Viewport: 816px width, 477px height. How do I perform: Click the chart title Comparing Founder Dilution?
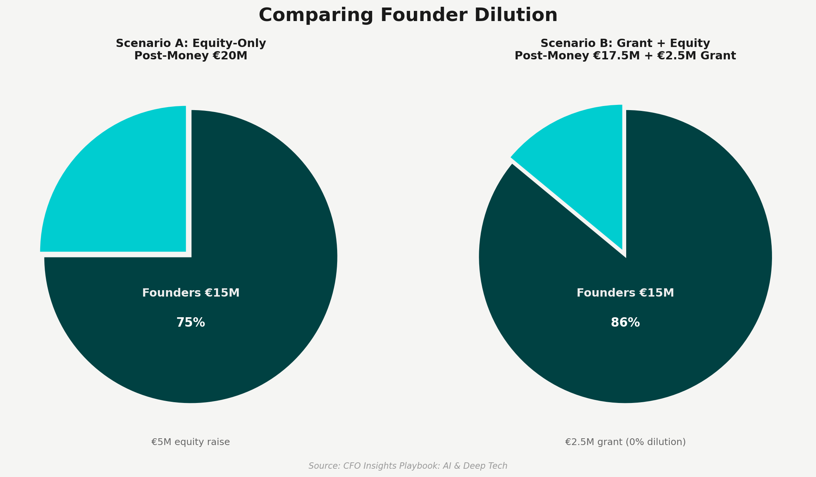tap(408, 16)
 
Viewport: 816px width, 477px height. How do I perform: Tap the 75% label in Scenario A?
tap(191, 323)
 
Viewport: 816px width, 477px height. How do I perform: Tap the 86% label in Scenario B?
tap(625, 323)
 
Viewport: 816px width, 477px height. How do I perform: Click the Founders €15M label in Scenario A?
tap(191, 293)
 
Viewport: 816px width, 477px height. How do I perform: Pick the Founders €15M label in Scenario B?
tap(625, 293)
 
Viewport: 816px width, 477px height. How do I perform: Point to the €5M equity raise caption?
tap(191, 442)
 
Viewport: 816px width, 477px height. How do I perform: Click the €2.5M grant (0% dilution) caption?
tap(625, 442)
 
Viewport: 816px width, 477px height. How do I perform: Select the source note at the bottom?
tap(408, 466)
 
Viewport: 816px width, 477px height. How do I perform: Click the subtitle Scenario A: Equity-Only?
tap(191, 44)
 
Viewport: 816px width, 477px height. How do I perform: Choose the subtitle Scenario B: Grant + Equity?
tap(625, 44)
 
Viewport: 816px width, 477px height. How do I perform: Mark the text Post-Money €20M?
tap(191, 56)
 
